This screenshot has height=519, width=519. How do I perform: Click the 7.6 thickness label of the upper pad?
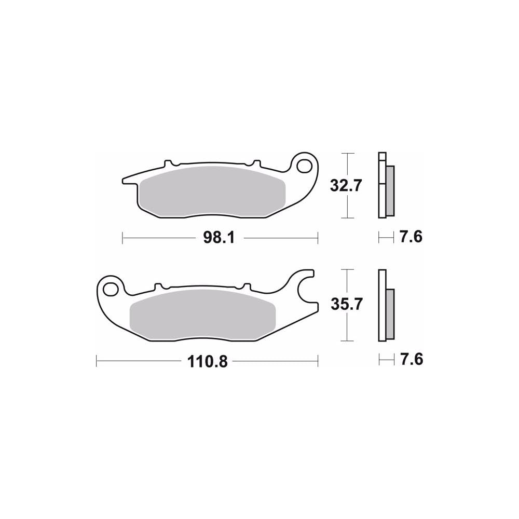pos(411,238)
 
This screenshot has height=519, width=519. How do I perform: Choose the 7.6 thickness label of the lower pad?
pos(411,360)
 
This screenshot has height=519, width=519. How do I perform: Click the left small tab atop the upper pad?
pos(168,163)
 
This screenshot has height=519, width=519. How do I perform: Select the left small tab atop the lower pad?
pos(159,286)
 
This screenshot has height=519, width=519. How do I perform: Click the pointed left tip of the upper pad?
pos(124,182)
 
